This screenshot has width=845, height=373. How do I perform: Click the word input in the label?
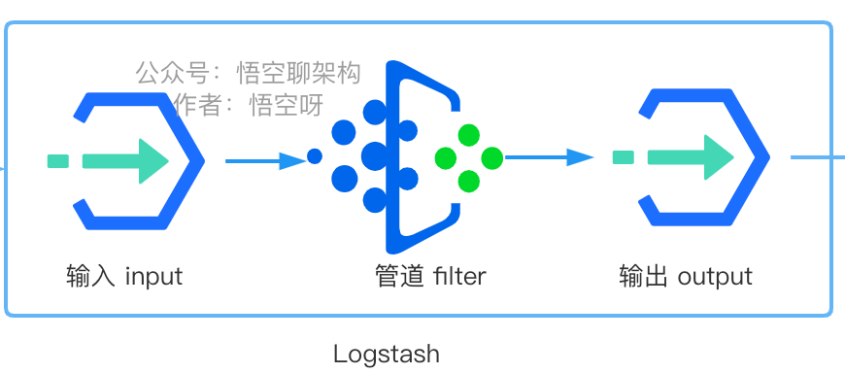coord(154,277)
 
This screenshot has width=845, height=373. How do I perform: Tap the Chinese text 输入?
coord(90,276)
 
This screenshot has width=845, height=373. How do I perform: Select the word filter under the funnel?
coord(459,276)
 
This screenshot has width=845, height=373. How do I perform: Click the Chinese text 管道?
coord(399,276)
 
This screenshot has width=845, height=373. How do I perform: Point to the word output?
coord(715,277)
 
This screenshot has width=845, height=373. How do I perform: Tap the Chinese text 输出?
coord(643,276)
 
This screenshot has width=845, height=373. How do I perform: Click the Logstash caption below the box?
coord(387,355)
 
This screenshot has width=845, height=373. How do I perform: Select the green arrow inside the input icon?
coord(125,160)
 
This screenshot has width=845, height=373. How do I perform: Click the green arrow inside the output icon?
coord(691,156)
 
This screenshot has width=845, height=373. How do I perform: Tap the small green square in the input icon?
coord(58,160)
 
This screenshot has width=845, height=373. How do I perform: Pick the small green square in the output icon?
coord(624,156)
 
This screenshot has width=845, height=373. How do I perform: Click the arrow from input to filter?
coord(266,160)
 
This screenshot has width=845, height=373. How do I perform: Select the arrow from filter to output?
coord(549,157)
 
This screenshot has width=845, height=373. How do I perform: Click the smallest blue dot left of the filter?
coord(315,156)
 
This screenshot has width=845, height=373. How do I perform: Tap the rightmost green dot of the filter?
coord(492,158)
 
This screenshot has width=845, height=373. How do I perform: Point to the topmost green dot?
coord(469,135)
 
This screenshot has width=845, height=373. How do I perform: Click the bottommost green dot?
coord(469,181)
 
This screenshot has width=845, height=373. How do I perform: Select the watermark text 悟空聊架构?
coord(298,73)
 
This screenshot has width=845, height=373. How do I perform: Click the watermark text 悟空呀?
coord(287,105)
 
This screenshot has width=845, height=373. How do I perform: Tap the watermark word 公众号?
coord(172,73)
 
